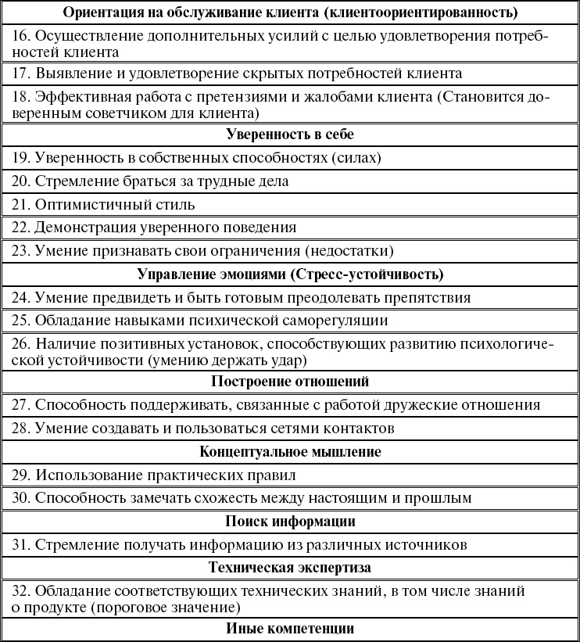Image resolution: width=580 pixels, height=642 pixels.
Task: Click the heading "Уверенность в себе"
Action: pos(290,134)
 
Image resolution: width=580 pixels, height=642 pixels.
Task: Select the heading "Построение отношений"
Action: pos(290,382)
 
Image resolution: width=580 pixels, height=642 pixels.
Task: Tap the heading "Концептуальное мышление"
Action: pos(290,452)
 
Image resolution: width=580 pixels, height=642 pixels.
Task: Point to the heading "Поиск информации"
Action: pos(290,521)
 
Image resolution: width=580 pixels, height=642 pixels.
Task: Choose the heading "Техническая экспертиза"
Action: pos(290,568)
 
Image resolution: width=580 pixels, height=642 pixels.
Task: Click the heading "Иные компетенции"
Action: pos(290,628)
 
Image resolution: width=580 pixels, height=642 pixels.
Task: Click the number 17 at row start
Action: pos(21,74)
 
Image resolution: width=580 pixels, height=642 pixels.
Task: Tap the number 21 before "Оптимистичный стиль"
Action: pos(21,205)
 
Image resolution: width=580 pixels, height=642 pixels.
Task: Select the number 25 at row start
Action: pos(21,321)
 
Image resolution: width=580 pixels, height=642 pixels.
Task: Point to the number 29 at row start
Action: pos(21,475)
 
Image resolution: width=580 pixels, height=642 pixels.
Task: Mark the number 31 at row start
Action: pos(21,544)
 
